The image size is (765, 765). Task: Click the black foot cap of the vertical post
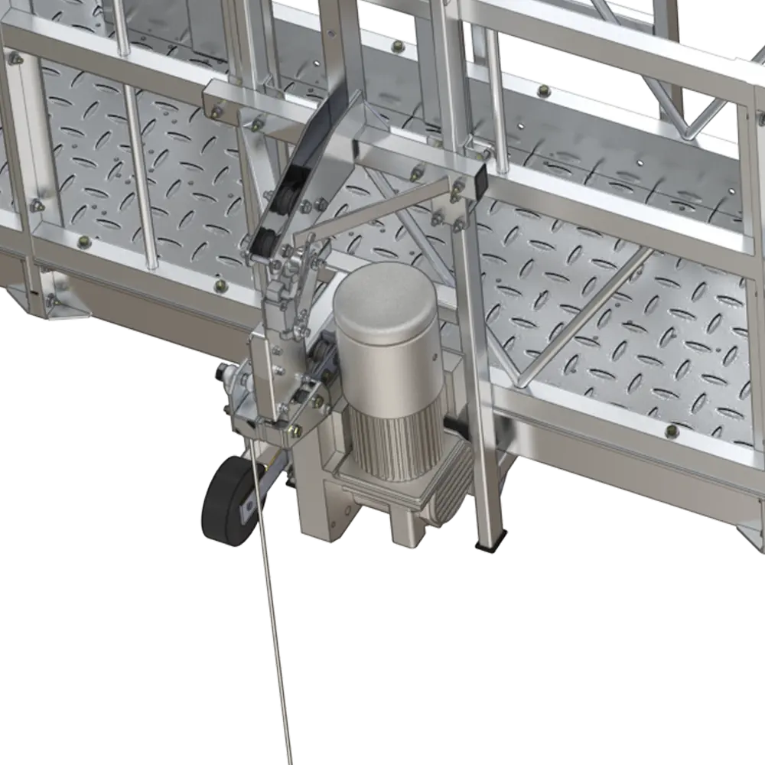click(488, 545)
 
